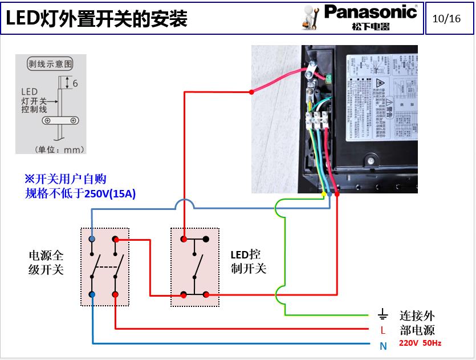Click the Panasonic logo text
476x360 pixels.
[x=371, y=11]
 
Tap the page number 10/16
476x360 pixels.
[x=446, y=18]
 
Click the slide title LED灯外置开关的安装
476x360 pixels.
[x=97, y=19]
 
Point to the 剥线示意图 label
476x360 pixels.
[x=51, y=64]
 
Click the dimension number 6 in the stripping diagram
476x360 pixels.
[x=75, y=83]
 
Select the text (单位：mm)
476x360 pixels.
[x=59, y=149]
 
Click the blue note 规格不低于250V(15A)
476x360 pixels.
[x=80, y=193]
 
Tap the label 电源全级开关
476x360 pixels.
[x=46, y=262]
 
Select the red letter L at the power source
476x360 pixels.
[x=383, y=330]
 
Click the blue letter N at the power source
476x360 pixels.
[x=383, y=345]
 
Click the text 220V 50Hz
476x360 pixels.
[x=420, y=343]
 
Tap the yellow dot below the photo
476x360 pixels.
[x=324, y=195]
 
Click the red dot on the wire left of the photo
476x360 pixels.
[x=251, y=91]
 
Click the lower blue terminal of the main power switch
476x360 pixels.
[x=92, y=294]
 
